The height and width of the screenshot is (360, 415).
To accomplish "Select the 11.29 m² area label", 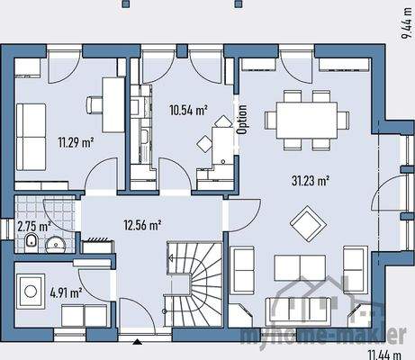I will point(76,141).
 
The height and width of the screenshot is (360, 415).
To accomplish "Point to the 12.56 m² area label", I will point(142,224).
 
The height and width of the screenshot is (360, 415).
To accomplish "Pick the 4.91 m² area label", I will point(67,292).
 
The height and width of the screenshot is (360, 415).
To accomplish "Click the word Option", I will point(241,118).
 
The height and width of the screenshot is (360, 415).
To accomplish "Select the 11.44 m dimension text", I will point(383,349).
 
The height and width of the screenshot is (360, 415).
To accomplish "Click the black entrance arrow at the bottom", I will point(137,342).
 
